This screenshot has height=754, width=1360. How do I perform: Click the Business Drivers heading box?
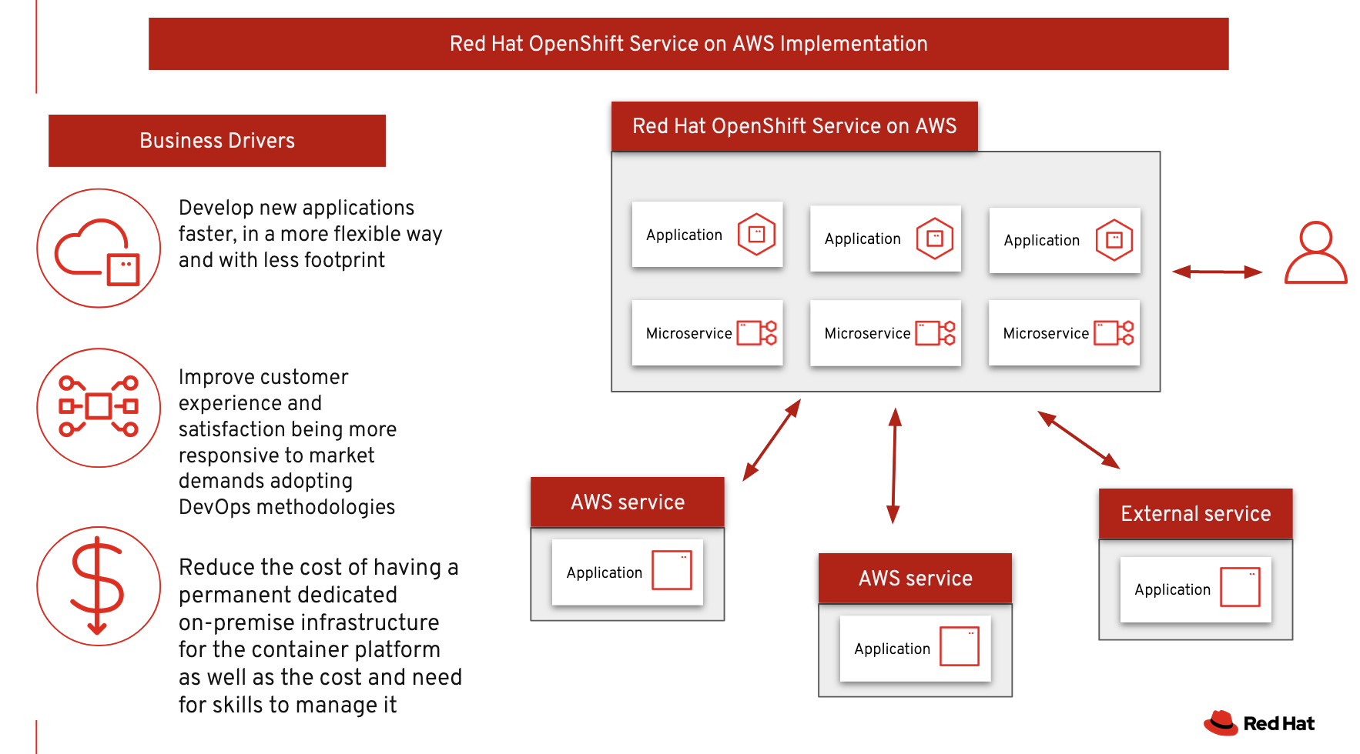pyautogui.click(x=217, y=141)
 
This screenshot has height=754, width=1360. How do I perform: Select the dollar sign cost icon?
pyautogui.click(x=97, y=585)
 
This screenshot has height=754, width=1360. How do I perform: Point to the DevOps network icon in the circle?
pyautogui.click(x=99, y=406)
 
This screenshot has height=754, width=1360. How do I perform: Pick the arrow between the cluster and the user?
pyautogui.click(x=1217, y=272)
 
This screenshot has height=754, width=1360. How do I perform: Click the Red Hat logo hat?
pyautogui.click(x=1221, y=722)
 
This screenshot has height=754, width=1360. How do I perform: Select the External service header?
pyautogui.click(x=1195, y=514)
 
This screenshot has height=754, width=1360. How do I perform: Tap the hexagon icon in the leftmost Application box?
pyautogui.click(x=756, y=234)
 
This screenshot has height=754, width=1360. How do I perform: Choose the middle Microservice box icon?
pyautogui.click(x=935, y=333)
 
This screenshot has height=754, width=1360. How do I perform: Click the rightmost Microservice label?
pyautogui.click(x=1045, y=334)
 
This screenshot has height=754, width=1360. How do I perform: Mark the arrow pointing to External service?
pyautogui.click(x=1078, y=440)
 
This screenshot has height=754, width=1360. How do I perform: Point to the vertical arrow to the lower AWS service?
pyautogui.click(x=894, y=465)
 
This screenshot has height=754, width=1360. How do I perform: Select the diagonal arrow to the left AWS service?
pyautogui.click(x=772, y=440)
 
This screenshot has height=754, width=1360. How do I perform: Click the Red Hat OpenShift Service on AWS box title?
pyautogui.click(x=794, y=126)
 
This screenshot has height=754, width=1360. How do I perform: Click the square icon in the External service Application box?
pyautogui.click(x=1240, y=588)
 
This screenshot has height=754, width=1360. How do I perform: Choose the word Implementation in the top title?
pyautogui.click(x=853, y=44)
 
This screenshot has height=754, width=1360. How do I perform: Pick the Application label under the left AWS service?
pyautogui.click(x=604, y=573)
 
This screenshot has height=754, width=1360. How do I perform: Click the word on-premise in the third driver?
pyautogui.click(x=233, y=622)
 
